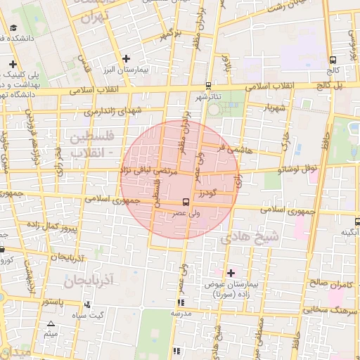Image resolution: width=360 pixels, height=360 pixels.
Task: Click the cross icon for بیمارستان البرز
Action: click(x=126, y=58)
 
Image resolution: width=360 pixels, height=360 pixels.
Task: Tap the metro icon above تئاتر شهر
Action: click(x=208, y=85)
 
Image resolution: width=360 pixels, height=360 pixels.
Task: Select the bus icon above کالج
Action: click(x=333, y=60)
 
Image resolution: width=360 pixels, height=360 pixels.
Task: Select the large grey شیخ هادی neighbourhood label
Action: click(x=249, y=237)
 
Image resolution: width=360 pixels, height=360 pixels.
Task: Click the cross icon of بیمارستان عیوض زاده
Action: click(x=231, y=272)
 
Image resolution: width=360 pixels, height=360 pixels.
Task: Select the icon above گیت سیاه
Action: click(x=87, y=304)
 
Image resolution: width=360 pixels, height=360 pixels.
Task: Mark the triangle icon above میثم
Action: click(x=50, y=324)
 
